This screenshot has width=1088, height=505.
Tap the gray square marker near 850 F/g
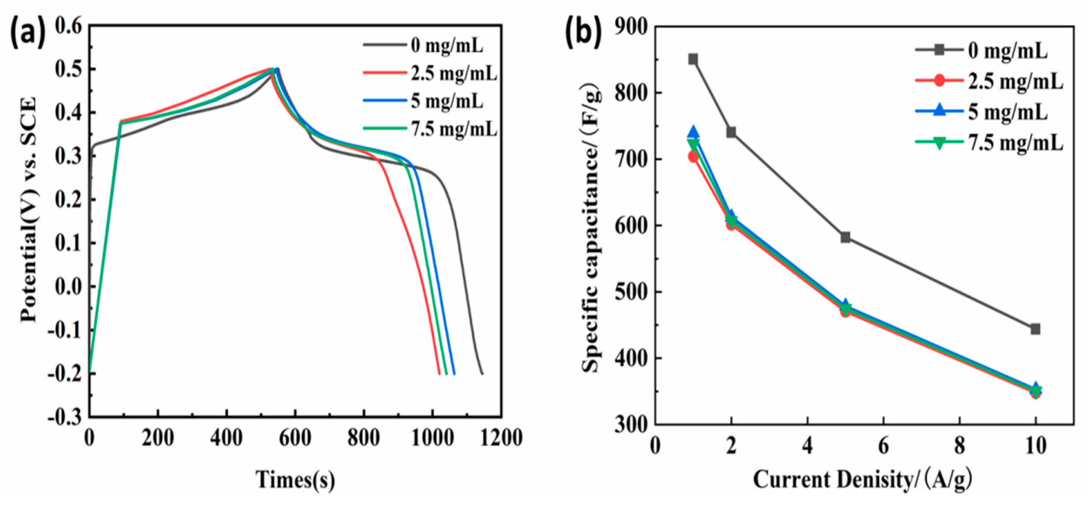point(693,59)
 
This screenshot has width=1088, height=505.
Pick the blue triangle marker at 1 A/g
point(693,132)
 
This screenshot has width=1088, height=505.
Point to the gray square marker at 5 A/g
point(845,237)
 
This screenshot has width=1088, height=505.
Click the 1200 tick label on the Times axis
point(501,438)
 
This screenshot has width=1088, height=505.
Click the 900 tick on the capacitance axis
point(630,27)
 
